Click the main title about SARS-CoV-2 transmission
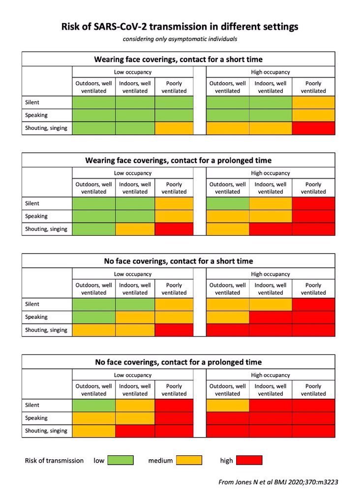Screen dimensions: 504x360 [180, 27]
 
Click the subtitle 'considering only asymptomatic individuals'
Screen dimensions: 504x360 [180, 39]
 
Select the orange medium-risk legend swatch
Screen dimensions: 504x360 [189, 460]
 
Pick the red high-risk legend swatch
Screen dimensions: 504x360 [249, 460]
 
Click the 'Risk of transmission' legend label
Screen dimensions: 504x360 [54, 461]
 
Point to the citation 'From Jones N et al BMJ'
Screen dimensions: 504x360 [278, 482]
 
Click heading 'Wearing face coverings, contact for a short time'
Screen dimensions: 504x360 [179, 59]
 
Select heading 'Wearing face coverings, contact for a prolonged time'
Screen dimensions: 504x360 [179, 160]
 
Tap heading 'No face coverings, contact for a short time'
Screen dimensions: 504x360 [179, 261]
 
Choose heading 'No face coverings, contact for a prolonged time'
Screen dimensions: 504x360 [179, 362]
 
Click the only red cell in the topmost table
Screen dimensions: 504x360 [313, 128]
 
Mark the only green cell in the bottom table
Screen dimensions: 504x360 [94, 405]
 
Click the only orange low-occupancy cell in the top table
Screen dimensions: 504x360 [174, 128]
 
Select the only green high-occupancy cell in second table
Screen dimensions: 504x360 [228, 203]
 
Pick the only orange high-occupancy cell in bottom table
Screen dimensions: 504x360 [228, 405]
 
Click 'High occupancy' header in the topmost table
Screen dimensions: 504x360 [270, 72]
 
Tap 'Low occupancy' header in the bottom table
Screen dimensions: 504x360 [133, 375]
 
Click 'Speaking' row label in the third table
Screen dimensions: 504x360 [36, 317]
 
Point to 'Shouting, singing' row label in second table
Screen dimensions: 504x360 [46, 229]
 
